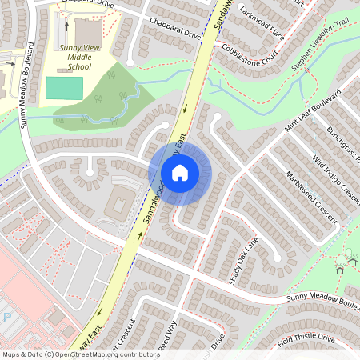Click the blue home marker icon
coord(180,172)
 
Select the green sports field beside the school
coord(64,88)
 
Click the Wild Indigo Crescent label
coord(337,179)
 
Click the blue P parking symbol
coord(7,317)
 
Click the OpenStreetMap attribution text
coord(80,354)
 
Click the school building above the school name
coord(88,30)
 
